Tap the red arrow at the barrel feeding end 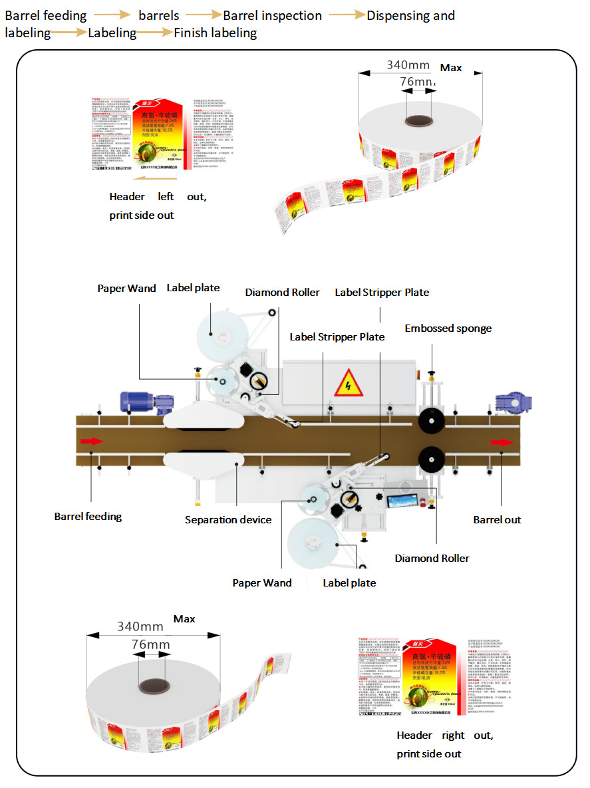click(x=92, y=440)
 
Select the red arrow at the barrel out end click(x=502, y=442)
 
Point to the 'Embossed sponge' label click(x=448, y=328)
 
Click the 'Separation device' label click(x=228, y=519)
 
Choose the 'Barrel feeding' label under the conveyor click(x=88, y=515)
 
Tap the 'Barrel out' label click(x=497, y=519)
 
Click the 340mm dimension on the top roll click(x=408, y=66)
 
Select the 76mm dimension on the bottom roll click(x=150, y=644)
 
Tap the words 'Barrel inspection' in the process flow click(x=272, y=15)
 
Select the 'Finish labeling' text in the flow click(x=215, y=33)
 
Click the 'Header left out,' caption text click(x=158, y=197)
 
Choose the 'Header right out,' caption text click(x=444, y=735)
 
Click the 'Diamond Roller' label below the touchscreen click(x=432, y=558)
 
